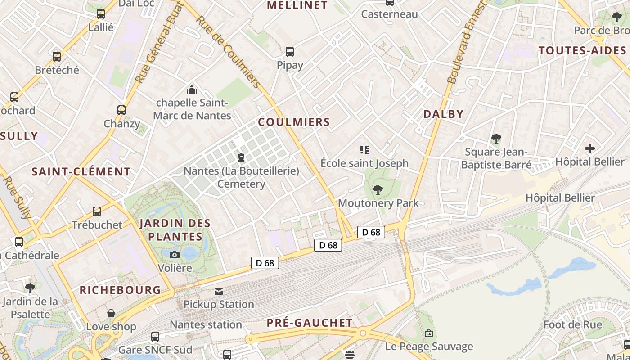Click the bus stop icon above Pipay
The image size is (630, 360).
[x=290, y=52]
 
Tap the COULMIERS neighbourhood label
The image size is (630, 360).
[x=294, y=122]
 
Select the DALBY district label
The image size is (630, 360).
[x=443, y=114]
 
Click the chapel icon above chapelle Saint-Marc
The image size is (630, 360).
[x=192, y=90]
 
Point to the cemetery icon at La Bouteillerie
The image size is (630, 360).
[x=241, y=157]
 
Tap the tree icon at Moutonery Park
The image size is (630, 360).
[x=378, y=190]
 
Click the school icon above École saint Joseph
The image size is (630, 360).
[x=364, y=149]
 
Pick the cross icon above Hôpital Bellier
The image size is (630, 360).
[x=589, y=148]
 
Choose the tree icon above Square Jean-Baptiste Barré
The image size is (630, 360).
[x=496, y=139]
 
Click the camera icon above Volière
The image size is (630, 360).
[x=175, y=255]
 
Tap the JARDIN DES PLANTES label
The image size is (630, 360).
[x=175, y=229]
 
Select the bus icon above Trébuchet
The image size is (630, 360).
[x=97, y=211]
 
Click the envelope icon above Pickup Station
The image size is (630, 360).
[x=219, y=291]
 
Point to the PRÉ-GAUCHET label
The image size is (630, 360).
[x=310, y=323]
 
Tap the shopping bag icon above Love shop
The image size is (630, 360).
[x=111, y=313]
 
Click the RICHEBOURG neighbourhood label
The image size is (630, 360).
[x=120, y=290]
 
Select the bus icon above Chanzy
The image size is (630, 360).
[x=121, y=110]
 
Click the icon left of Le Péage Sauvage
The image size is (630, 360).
[x=429, y=333]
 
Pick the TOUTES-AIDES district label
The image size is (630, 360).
[x=583, y=50]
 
